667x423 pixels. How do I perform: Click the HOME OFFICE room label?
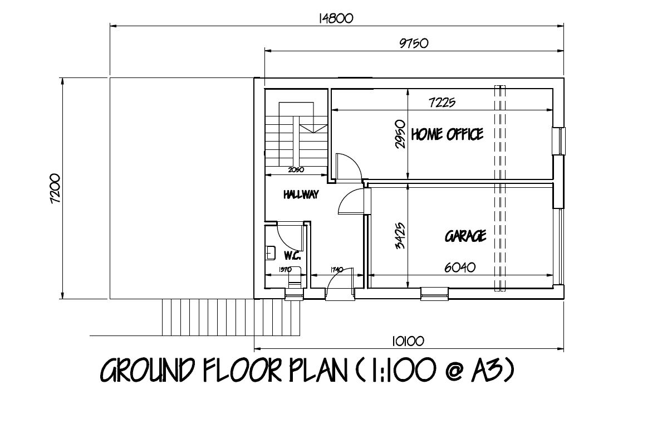tap(447, 134)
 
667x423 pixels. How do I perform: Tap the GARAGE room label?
tap(465, 236)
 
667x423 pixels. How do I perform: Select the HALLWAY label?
tap(301, 195)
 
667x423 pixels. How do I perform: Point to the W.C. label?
tap(292, 256)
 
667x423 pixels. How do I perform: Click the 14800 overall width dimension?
tap(336, 18)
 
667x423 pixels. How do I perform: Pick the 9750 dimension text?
tap(413, 43)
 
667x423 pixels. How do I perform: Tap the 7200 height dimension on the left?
tap(56, 188)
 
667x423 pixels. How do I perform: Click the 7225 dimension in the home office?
tap(443, 102)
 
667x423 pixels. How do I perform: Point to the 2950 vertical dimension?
tap(400, 134)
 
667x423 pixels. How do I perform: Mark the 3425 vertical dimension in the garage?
tap(400, 236)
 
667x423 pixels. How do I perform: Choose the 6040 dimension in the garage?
tap(459, 267)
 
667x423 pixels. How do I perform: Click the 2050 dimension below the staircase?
tap(296, 171)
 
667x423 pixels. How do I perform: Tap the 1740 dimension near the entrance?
tap(336, 270)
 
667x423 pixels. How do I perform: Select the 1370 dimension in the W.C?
tap(285, 270)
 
